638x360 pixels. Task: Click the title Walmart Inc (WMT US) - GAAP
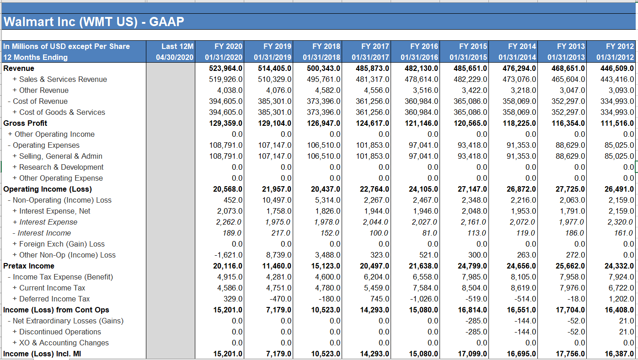point(94,22)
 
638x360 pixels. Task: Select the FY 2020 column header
point(228,46)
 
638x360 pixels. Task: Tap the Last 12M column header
point(177,46)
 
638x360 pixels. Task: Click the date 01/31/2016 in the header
point(419,57)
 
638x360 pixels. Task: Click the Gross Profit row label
point(26,123)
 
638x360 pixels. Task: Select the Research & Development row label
point(61,167)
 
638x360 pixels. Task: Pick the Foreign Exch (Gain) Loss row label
point(62,244)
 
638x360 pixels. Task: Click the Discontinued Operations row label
point(60,332)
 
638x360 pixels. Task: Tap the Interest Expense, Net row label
point(54,211)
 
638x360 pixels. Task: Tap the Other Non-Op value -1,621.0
point(229,255)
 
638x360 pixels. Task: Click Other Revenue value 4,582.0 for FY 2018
point(327,90)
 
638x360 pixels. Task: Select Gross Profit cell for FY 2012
point(617,123)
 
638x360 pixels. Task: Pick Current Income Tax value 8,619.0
point(522,288)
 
